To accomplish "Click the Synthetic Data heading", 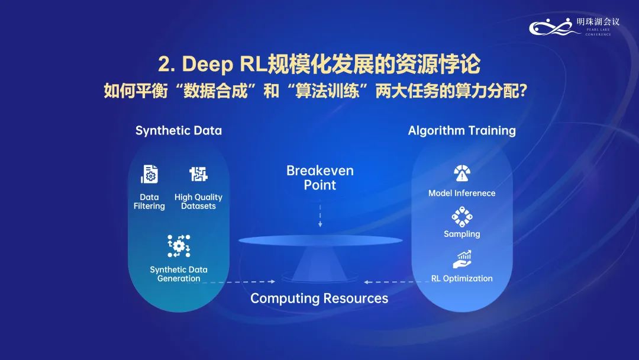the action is pyautogui.click(x=179, y=130).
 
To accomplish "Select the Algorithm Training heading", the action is pyautogui.click(x=461, y=130).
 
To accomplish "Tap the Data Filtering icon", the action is pyautogui.click(x=149, y=174).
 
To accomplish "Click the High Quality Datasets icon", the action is pyautogui.click(x=198, y=174).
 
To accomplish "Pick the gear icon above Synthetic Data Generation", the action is pyautogui.click(x=179, y=246).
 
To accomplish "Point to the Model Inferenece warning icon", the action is pyautogui.click(x=462, y=173).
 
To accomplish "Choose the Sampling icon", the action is pyautogui.click(x=461, y=217).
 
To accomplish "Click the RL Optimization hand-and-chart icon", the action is pyautogui.click(x=462, y=259).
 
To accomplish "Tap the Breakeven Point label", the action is pyautogui.click(x=320, y=178).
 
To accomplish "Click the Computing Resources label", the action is pyautogui.click(x=319, y=298).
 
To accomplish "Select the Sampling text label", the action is pyautogui.click(x=461, y=234).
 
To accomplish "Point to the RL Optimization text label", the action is pyautogui.click(x=461, y=278).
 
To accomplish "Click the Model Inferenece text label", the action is pyautogui.click(x=461, y=193).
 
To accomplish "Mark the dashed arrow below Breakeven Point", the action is pyautogui.click(x=320, y=213).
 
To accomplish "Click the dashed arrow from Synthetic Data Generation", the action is pyautogui.click(x=239, y=282).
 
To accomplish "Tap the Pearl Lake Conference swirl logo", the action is pyautogui.click(x=555, y=27).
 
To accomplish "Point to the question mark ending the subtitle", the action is pyautogui.click(x=523, y=91).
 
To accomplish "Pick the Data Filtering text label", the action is pyautogui.click(x=149, y=201).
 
